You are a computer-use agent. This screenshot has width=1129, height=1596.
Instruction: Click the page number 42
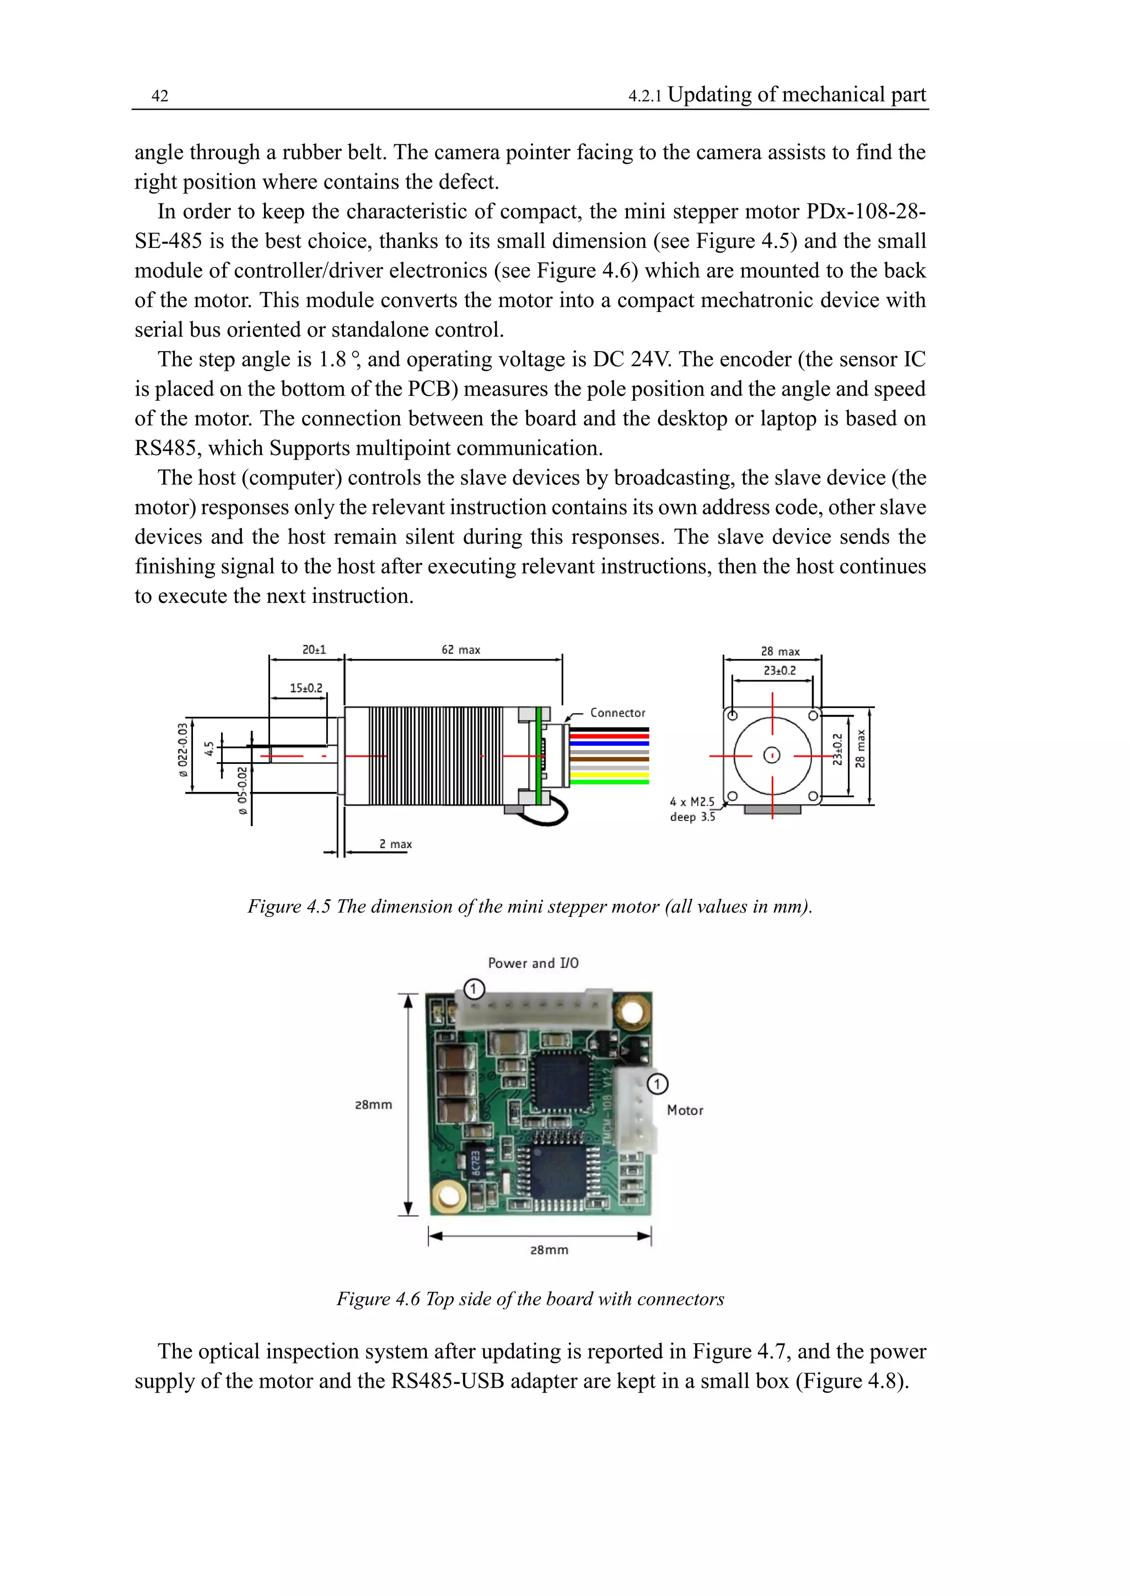coord(160,96)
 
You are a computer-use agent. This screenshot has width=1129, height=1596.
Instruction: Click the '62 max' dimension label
coord(461,650)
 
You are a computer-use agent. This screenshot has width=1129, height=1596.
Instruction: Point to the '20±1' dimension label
coord(314,650)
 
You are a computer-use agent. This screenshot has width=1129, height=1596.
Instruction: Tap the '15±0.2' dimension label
coord(306,688)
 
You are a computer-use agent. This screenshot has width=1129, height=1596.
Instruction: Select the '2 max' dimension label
coord(396,844)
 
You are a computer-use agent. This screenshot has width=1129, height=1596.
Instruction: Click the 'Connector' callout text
coord(617,713)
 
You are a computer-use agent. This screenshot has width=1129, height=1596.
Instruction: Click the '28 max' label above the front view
coord(780,651)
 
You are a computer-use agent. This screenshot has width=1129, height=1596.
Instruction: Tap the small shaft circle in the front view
coord(772,756)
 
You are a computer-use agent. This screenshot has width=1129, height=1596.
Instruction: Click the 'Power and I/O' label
coord(533,963)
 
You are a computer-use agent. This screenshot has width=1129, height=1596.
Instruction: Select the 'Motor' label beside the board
coord(685,1110)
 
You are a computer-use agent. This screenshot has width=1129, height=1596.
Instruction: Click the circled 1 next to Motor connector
coord(657,1083)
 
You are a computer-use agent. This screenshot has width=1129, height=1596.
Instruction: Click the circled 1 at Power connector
coord(474,989)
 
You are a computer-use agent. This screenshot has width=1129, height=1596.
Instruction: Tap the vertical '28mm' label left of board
coord(373,1104)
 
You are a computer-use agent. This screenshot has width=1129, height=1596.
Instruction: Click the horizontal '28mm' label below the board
coord(549,1249)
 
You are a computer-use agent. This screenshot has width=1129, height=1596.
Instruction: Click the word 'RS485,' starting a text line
coord(168,449)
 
